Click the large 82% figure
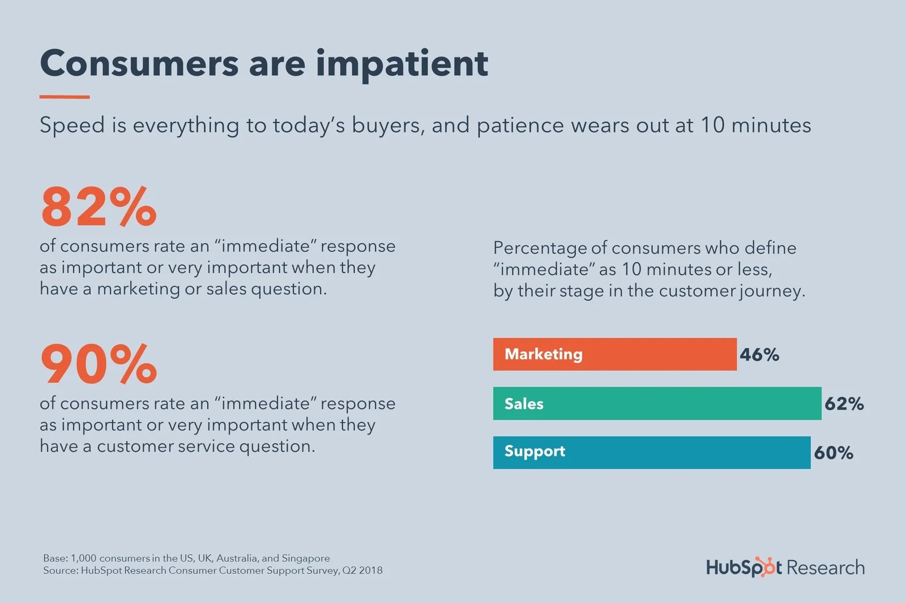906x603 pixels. coord(98,207)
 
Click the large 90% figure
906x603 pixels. coord(98,364)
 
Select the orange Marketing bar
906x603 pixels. coord(614,355)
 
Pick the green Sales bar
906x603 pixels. coord(657,403)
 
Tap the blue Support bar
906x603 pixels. coord(651,453)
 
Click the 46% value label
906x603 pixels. coord(759,355)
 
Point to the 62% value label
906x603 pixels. coord(844,404)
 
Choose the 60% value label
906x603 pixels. coord(834,453)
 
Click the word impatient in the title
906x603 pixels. coord(401,63)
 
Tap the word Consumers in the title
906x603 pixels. coord(139,63)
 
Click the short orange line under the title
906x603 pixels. coord(65,97)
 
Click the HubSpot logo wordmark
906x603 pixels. coord(743,567)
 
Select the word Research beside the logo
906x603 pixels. coord(826,567)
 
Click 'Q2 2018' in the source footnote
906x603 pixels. coord(362,570)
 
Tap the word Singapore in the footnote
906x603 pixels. coord(306,558)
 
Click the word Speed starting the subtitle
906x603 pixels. coord(72,125)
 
